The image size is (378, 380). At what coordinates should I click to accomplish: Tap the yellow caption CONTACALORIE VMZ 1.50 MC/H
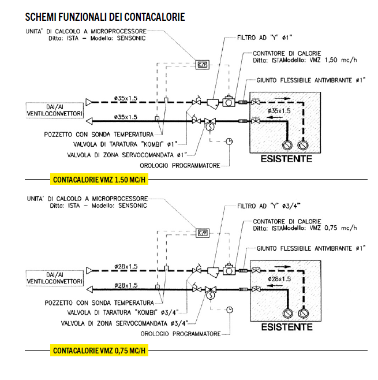tap(99, 180)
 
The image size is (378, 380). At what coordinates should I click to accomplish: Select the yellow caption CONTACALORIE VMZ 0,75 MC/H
tap(99, 350)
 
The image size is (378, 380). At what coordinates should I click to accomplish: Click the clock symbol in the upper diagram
tap(230, 141)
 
